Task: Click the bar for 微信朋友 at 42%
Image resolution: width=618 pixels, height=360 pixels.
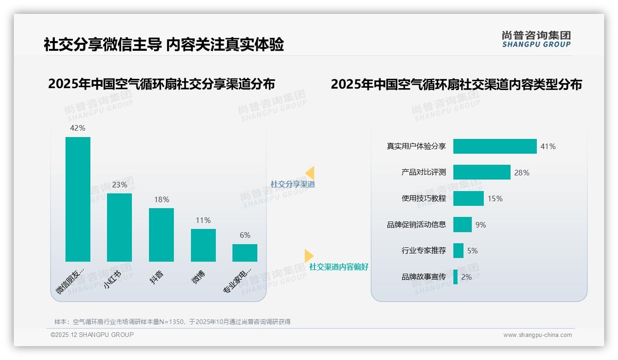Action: pyautogui.click(x=78, y=199)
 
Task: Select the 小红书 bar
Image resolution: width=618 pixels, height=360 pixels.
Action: pyautogui.click(x=119, y=227)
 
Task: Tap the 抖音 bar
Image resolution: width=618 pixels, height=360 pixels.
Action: pyautogui.click(x=161, y=234)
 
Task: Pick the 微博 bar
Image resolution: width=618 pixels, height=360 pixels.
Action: pyautogui.click(x=203, y=245)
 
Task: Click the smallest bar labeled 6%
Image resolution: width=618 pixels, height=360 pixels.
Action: pyautogui.click(x=245, y=253)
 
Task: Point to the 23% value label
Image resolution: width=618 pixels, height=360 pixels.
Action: pyautogui.click(x=119, y=185)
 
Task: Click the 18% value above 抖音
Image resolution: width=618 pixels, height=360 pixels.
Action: pyautogui.click(x=161, y=199)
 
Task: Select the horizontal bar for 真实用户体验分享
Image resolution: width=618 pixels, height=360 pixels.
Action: pyautogui.click(x=495, y=146)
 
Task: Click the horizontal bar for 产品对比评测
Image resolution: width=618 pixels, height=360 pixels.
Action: pyautogui.click(x=481, y=172)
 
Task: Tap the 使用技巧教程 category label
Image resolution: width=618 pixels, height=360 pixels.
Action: pyautogui.click(x=423, y=198)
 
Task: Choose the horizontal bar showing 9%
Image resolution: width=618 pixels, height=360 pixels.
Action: pyautogui.click(x=462, y=225)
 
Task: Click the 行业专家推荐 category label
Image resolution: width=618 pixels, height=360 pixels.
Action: pyautogui.click(x=423, y=251)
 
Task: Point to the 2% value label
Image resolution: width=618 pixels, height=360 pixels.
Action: pyautogui.click(x=466, y=277)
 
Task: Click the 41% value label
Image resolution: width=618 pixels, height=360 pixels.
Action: pyautogui.click(x=548, y=146)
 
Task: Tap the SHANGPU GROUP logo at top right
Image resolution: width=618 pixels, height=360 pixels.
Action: pyautogui.click(x=536, y=39)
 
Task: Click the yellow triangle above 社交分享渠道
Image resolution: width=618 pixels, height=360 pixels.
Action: pyautogui.click(x=310, y=173)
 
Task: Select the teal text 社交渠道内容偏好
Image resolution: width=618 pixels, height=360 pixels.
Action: pyautogui.click(x=339, y=267)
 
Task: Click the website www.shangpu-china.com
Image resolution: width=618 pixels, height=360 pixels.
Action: pyautogui.click(x=537, y=335)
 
